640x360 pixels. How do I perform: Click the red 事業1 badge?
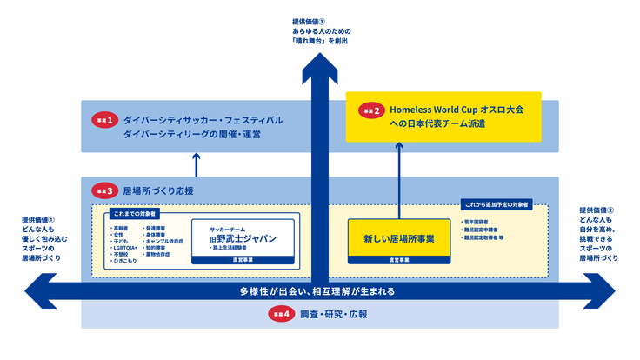(104, 121)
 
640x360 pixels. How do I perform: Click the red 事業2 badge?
(371, 110)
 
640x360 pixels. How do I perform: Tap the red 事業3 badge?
(104, 190)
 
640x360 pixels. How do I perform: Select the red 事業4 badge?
(281, 315)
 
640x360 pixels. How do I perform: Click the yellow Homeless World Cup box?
(443, 117)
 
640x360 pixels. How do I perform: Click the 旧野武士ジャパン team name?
(243, 237)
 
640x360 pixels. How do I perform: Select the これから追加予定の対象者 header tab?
(496, 205)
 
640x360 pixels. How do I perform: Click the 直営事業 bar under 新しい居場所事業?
(399, 259)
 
